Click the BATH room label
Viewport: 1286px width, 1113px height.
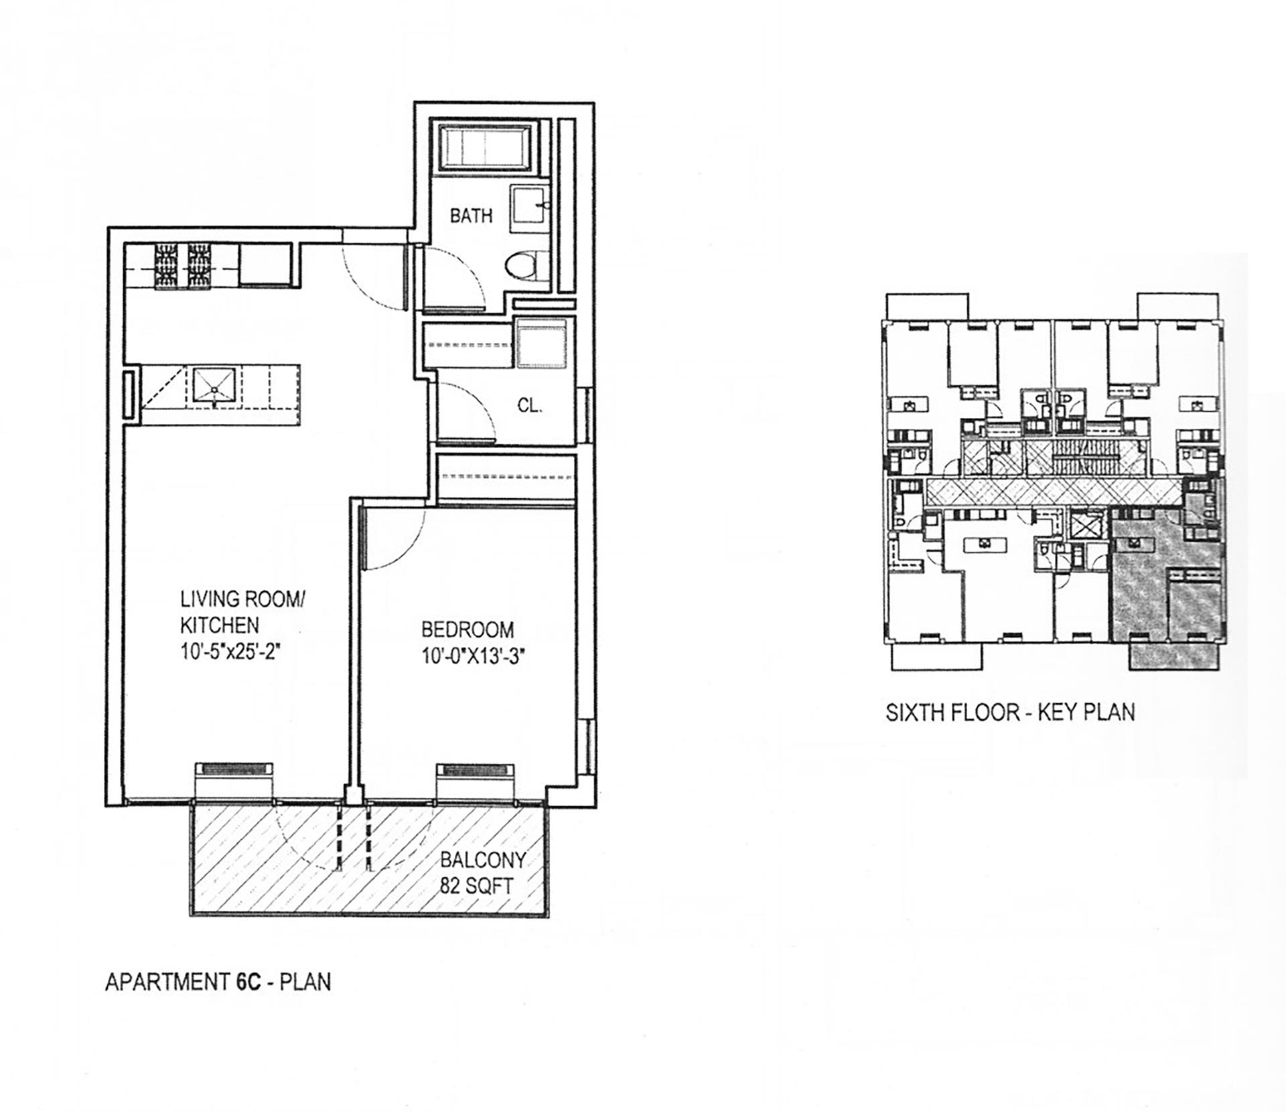pos(471,216)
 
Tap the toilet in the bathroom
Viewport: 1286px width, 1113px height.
pos(524,266)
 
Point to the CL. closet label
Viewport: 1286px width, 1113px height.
pos(529,406)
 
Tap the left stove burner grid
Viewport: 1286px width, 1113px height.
pos(165,267)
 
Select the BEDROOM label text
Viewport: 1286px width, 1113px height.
pos(468,630)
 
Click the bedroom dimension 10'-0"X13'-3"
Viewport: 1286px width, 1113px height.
pos(472,657)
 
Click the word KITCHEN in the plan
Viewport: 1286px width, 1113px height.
pos(219,625)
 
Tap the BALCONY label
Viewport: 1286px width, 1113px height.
pos(482,860)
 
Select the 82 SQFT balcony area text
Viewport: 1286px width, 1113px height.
pos(476,887)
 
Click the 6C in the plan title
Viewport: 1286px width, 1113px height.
pos(248,982)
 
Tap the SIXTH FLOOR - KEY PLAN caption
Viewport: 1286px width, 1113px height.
pos(1009,712)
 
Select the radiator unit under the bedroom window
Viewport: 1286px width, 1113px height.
pos(475,769)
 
